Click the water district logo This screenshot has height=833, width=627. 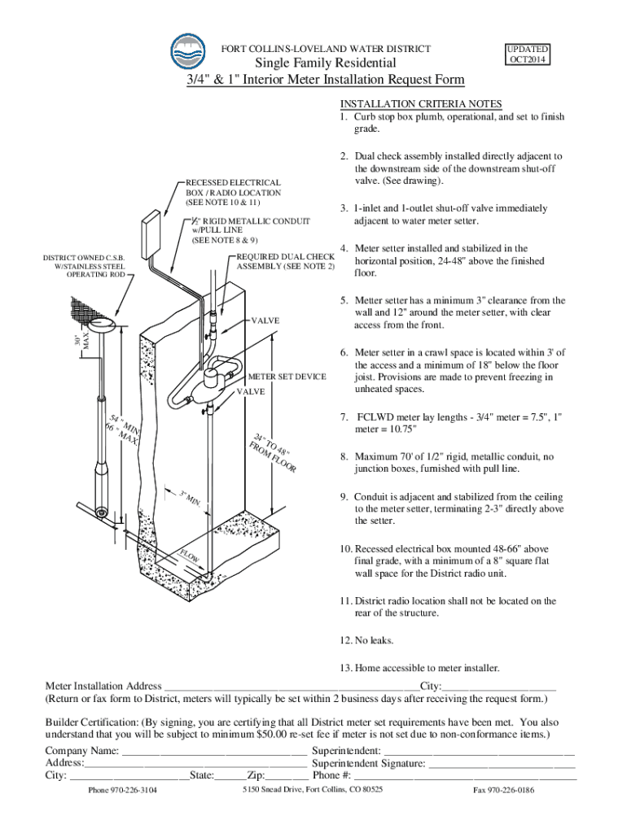(x=188, y=52)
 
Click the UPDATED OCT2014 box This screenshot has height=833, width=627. (x=528, y=55)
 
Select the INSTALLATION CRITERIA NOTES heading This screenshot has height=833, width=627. (x=421, y=103)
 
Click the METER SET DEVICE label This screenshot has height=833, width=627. (x=287, y=377)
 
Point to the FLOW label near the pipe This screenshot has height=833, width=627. (x=189, y=556)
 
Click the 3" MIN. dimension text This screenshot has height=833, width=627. (x=190, y=498)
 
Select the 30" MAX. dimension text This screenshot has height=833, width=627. (x=82, y=341)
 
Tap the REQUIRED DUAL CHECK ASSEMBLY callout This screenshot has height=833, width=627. (x=286, y=261)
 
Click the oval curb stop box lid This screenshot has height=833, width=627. (x=102, y=324)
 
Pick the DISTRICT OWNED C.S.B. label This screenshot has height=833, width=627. (x=84, y=266)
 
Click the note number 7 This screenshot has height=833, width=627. (x=344, y=417)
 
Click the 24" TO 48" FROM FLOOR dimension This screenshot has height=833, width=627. (x=272, y=452)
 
